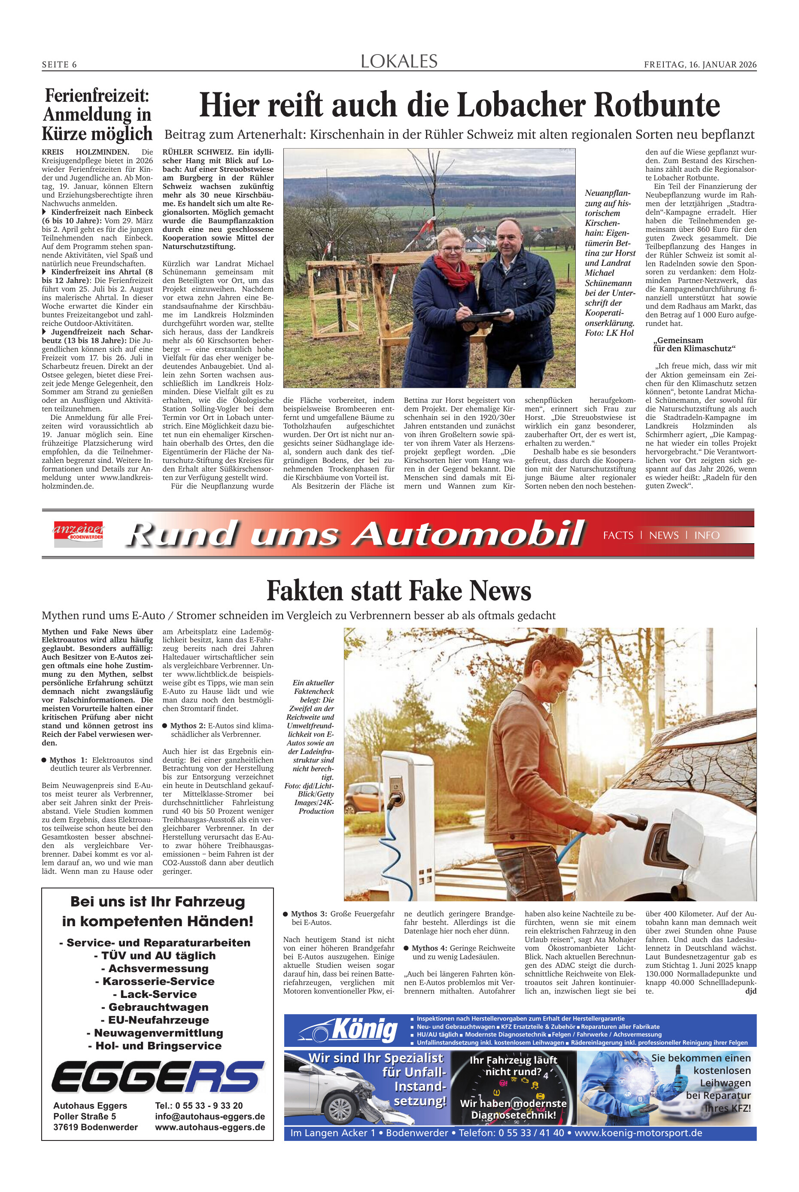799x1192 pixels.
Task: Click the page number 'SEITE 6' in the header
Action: tap(59, 65)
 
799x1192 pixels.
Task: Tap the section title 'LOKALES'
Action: tap(399, 62)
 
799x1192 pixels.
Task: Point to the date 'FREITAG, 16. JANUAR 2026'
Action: tap(700, 65)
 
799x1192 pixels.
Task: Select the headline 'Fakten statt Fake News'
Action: tap(399, 591)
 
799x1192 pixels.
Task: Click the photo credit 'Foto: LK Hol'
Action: tap(609, 333)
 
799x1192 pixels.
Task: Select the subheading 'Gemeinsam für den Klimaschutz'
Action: tap(694, 344)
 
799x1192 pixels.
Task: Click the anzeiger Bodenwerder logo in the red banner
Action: tap(79, 534)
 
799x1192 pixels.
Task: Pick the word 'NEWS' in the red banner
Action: tap(663, 535)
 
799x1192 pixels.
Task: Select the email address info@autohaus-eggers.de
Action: tap(210, 1116)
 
